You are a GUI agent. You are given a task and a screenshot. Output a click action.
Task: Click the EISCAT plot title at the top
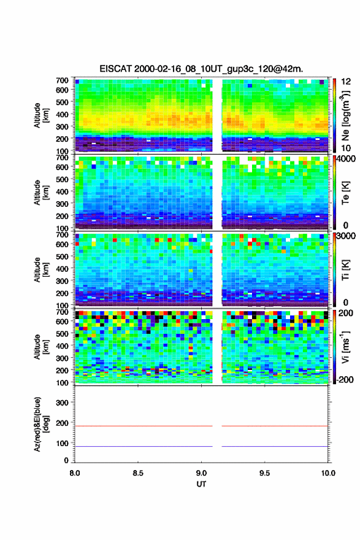tap(201, 69)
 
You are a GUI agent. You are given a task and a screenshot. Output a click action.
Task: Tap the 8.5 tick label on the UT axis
tap(138, 473)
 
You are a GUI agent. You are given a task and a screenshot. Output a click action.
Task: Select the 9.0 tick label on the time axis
tap(201, 473)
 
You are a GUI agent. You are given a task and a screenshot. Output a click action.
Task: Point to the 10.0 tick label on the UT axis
tap(328, 473)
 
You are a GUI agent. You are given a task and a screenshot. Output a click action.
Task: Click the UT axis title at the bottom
tap(201, 484)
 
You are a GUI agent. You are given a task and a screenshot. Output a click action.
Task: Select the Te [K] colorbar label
tap(345, 193)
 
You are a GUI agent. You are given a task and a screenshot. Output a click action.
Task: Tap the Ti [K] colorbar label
tap(345, 270)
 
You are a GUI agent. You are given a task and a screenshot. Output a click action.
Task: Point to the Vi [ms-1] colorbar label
tap(345, 347)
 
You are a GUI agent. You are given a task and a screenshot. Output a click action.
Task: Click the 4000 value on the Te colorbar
tap(346, 159)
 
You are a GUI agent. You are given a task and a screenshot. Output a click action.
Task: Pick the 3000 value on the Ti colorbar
tap(346, 236)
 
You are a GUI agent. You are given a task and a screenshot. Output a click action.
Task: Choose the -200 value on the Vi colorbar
tap(345, 380)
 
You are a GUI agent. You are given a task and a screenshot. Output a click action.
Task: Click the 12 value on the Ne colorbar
tap(346, 82)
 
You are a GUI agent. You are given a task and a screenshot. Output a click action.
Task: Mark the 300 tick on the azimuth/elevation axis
tap(62, 403)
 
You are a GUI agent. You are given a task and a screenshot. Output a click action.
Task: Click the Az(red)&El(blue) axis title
tap(40, 424)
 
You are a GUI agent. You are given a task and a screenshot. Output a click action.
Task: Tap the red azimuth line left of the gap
tap(144, 426)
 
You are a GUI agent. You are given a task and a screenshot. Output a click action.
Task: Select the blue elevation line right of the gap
tap(275, 446)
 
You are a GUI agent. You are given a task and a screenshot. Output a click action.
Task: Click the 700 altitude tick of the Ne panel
tap(62, 80)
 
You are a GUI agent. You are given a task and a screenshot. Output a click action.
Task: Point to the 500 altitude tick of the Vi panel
tap(62, 334)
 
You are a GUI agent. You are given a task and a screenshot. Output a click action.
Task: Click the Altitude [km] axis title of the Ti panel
tap(40, 270)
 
